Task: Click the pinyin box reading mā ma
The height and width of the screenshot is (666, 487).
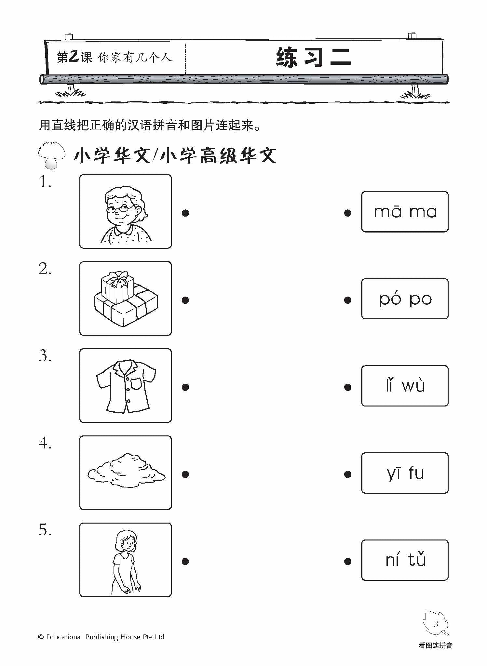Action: click(x=405, y=212)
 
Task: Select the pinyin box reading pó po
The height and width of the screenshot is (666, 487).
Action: click(x=405, y=299)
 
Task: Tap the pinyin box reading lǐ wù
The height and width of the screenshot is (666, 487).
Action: click(x=405, y=386)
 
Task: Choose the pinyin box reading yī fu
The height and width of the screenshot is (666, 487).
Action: click(x=405, y=473)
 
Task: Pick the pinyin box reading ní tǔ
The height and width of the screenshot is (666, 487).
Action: click(x=405, y=560)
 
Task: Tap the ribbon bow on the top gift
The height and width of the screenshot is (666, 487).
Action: click(x=117, y=278)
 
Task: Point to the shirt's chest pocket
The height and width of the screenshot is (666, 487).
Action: click(x=136, y=384)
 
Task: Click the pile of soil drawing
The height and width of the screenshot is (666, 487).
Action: click(x=126, y=471)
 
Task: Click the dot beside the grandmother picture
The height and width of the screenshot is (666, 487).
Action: click(x=185, y=213)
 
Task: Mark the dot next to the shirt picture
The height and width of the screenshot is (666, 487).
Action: click(x=185, y=387)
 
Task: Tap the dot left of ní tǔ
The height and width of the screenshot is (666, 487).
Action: click(x=347, y=561)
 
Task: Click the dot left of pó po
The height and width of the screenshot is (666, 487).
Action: click(x=347, y=300)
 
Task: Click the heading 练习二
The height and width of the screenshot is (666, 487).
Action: click(x=314, y=58)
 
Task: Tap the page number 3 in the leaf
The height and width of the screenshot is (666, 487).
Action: click(x=436, y=624)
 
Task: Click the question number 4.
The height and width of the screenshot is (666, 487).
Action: click(x=45, y=443)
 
